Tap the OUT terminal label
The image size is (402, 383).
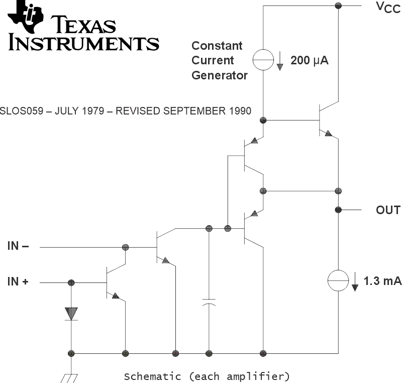pyautogui.click(x=388, y=210)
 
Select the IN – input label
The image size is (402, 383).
pyautogui.click(x=18, y=246)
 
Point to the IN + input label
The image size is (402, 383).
pyautogui.click(x=18, y=282)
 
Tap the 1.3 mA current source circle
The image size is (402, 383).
pyautogui.click(x=338, y=280)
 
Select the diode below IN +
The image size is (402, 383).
pyautogui.click(x=71, y=313)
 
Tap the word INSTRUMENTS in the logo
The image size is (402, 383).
pyautogui.click(x=83, y=42)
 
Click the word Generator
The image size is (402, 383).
pyautogui.click(x=220, y=75)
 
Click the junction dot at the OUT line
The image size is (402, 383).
pyautogui.click(x=338, y=210)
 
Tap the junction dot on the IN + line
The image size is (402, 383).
pyautogui.click(x=71, y=282)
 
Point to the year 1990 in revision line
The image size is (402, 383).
pyautogui.click(x=240, y=111)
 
